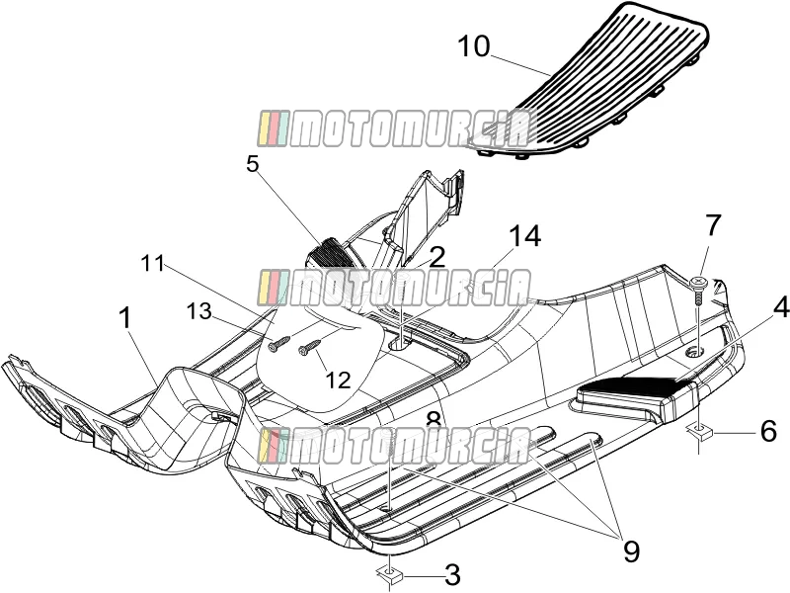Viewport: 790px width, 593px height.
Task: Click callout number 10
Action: coord(474,46)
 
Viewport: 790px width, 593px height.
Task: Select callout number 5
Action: coord(253,164)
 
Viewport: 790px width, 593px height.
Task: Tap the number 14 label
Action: coord(524,235)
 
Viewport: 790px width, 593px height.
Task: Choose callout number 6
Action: coord(768,431)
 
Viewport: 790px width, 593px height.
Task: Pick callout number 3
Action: coord(452,574)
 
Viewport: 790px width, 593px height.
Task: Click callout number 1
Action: coord(125,319)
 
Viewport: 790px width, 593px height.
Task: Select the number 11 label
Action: coord(152,263)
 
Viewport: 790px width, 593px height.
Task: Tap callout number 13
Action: coord(199,311)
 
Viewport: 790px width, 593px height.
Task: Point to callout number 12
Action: coord(338,380)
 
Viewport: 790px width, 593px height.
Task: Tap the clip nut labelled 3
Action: coord(389,574)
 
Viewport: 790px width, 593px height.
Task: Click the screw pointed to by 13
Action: coord(278,344)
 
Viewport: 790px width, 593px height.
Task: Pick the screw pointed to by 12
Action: coord(309,347)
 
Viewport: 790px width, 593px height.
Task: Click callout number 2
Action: coord(436,257)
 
